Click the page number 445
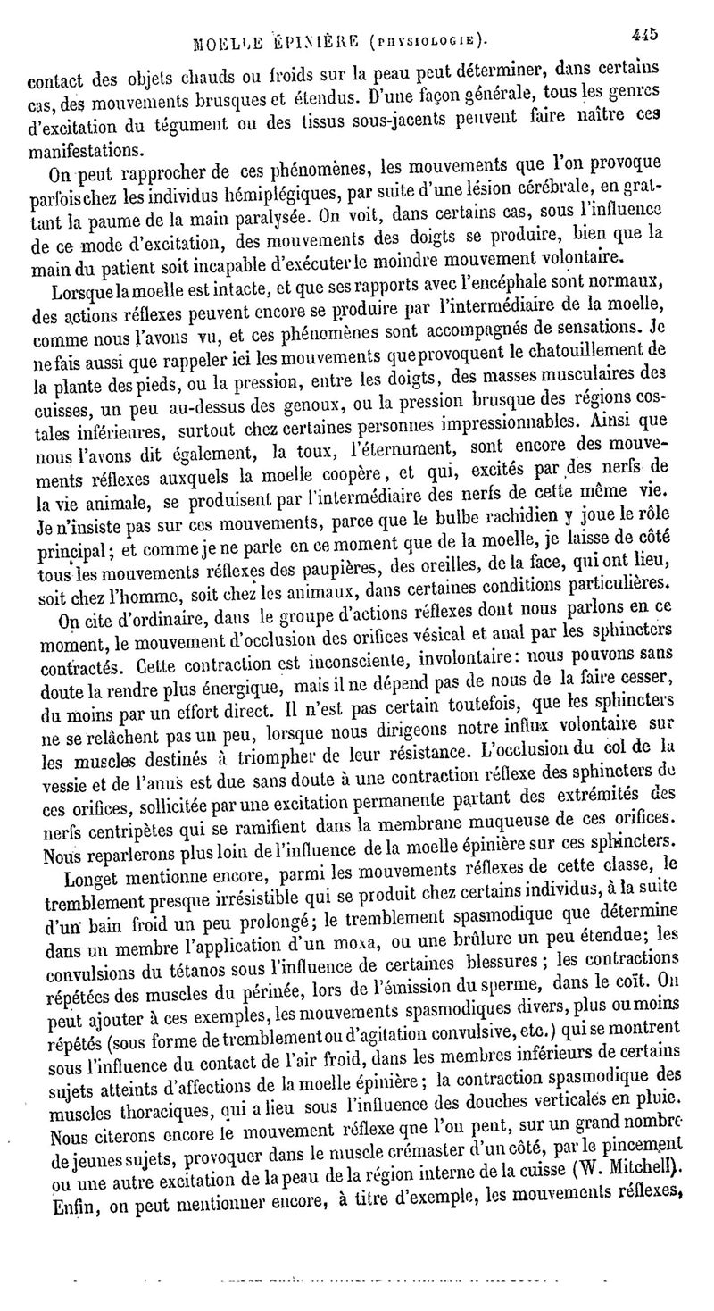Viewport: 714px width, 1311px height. coord(643,35)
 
